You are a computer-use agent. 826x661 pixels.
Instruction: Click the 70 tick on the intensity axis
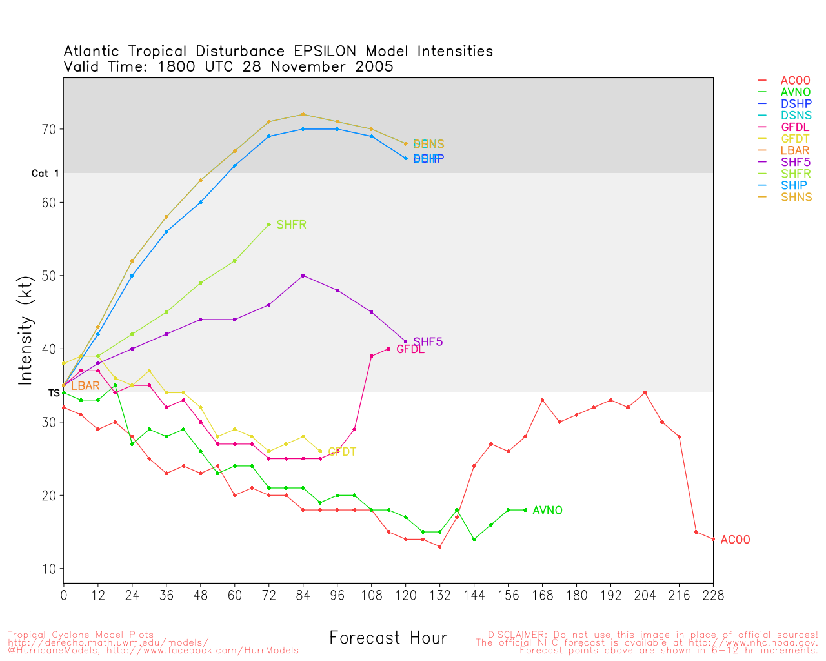(x=49, y=129)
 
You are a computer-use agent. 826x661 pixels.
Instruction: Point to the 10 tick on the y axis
(x=49, y=569)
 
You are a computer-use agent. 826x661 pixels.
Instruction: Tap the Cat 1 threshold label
(x=45, y=173)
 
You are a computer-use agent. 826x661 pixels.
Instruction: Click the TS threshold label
(x=54, y=392)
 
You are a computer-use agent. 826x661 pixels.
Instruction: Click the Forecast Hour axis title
(x=388, y=638)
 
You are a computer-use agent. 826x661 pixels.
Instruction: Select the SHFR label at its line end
(x=291, y=225)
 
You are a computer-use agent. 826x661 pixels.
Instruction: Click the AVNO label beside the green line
(x=547, y=511)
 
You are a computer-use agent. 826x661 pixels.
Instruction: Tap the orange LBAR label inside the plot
(x=85, y=386)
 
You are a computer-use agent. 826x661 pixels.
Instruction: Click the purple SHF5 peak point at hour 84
(x=303, y=276)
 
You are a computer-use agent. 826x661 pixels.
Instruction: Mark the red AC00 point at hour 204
(x=645, y=392)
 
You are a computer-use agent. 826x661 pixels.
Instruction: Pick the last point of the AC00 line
(x=713, y=540)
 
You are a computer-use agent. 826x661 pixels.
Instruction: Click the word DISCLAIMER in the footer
(x=514, y=635)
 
